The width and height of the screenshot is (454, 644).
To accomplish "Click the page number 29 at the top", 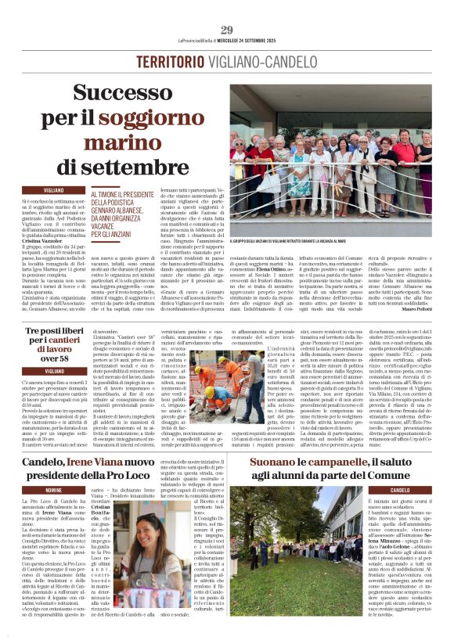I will click(227, 30).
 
